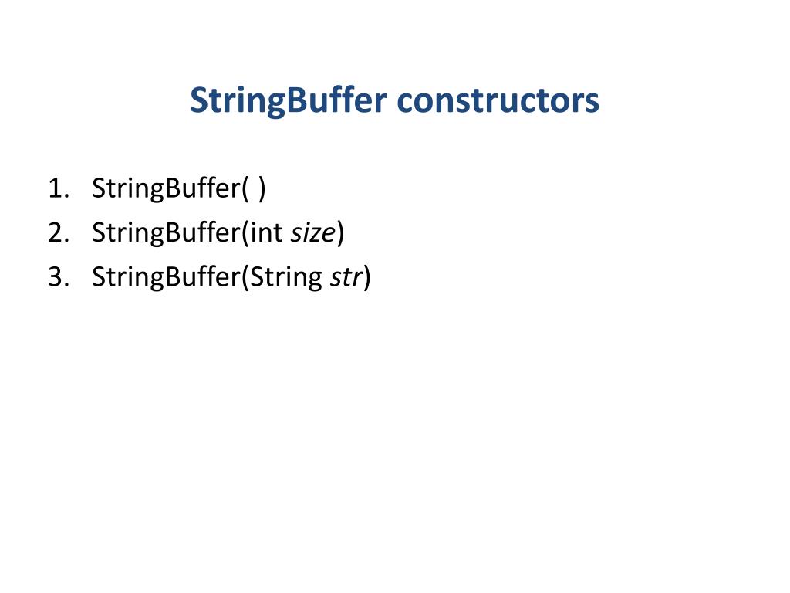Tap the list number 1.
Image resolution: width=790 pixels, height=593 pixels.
click(56, 188)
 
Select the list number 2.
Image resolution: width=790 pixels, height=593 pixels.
click(56, 232)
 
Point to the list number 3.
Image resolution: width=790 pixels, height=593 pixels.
click(56, 276)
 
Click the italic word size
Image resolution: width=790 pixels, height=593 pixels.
click(312, 232)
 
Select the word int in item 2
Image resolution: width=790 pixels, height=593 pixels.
click(268, 232)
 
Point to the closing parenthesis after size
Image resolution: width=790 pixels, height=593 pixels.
click(340, 232)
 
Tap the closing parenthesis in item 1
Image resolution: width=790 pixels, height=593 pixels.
click(262, 188)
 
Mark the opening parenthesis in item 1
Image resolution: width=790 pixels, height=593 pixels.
click(245, 188)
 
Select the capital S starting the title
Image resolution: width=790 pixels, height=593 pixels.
click(197, 101)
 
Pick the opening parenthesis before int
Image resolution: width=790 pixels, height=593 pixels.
click(245, 232)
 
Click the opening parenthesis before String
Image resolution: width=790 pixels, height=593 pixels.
click(245, 276)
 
